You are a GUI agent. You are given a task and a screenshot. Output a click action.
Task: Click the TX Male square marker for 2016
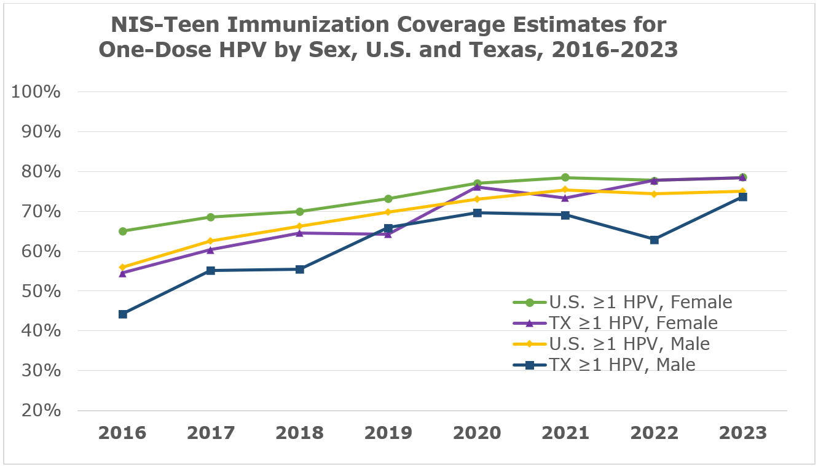123,314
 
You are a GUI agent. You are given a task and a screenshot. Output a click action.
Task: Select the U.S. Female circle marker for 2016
123,231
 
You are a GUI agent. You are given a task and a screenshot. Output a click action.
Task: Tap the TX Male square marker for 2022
654,239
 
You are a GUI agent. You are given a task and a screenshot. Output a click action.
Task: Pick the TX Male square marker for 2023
742,197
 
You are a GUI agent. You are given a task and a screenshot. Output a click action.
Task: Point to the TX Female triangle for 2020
477,187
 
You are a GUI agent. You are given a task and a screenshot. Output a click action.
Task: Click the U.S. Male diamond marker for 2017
211,241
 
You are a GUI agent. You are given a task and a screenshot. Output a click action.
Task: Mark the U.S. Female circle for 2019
388,199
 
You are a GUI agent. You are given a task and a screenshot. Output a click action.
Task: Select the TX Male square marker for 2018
300,270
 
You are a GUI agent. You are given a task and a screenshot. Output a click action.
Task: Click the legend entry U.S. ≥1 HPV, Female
622,302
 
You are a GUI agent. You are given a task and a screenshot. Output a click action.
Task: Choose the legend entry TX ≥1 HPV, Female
615,323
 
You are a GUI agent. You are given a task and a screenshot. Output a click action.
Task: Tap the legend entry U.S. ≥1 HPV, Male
611,344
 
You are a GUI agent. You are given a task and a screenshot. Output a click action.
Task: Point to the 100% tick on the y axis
37,93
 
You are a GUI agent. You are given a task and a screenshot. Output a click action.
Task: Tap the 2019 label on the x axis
388,433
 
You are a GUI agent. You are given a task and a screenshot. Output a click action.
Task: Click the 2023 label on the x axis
742,433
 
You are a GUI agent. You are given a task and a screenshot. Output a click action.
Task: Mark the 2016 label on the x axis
123,433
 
